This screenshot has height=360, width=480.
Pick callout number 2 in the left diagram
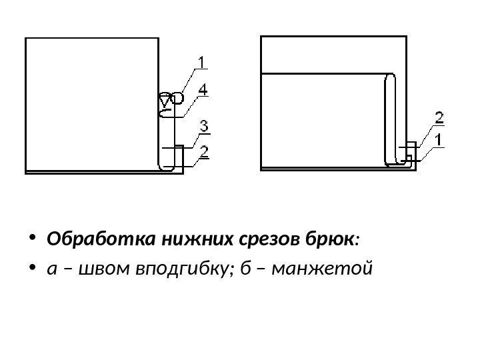[205, 153]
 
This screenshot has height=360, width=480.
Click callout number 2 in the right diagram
[439, 119]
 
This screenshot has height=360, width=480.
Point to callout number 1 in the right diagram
[439, 139]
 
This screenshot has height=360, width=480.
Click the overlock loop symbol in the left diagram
[170, 100]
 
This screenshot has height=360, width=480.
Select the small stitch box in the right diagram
[410, 152]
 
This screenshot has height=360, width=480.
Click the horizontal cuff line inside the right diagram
[323, 75]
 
